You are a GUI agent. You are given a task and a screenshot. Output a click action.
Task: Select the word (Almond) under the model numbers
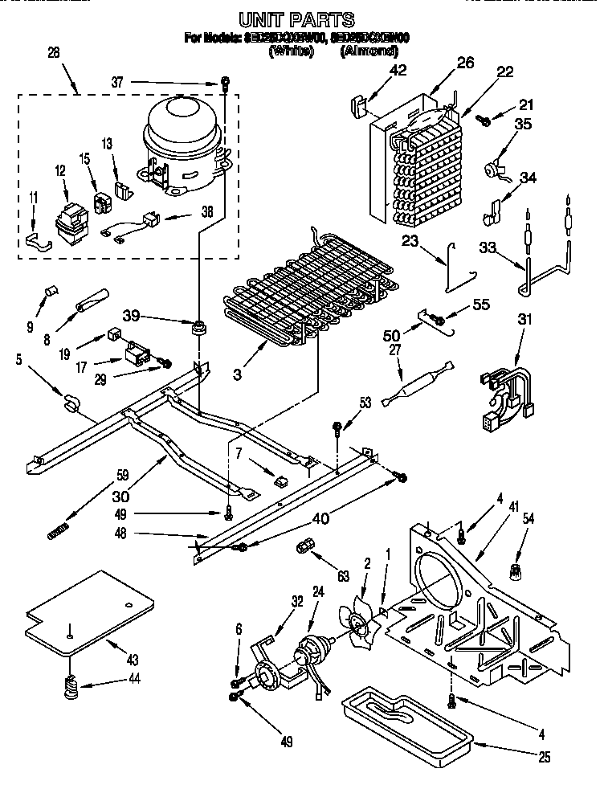pos(369,51)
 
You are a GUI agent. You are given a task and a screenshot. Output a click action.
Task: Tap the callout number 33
pos(487,249)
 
